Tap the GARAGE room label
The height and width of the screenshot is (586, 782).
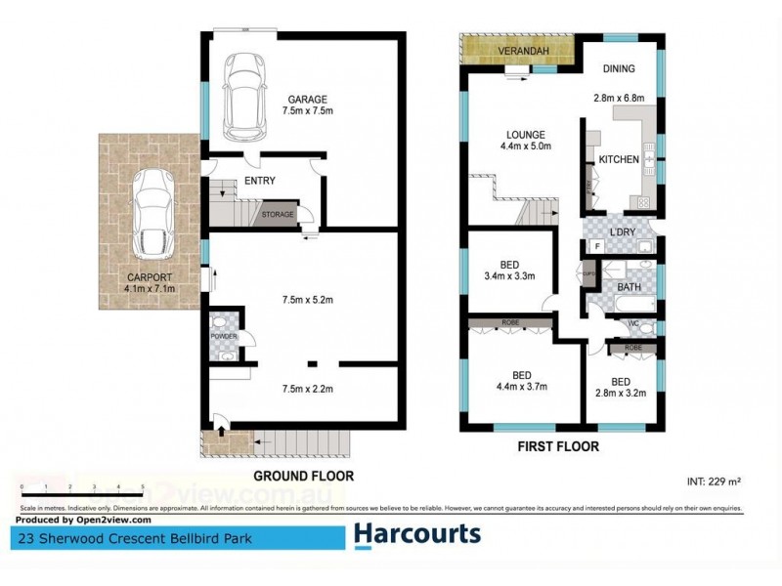coord(306,99)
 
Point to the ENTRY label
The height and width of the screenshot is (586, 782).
coord(260,181)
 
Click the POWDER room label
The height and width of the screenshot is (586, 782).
coord(224,336)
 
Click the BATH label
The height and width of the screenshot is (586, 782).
coord(629,287)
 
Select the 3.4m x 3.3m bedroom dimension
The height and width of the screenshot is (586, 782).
coord(510,276)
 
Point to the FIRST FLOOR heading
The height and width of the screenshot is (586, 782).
coord(559,446)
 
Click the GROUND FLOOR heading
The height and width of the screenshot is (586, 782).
coord(303,477)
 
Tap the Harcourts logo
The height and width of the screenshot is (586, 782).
coord(416,534)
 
